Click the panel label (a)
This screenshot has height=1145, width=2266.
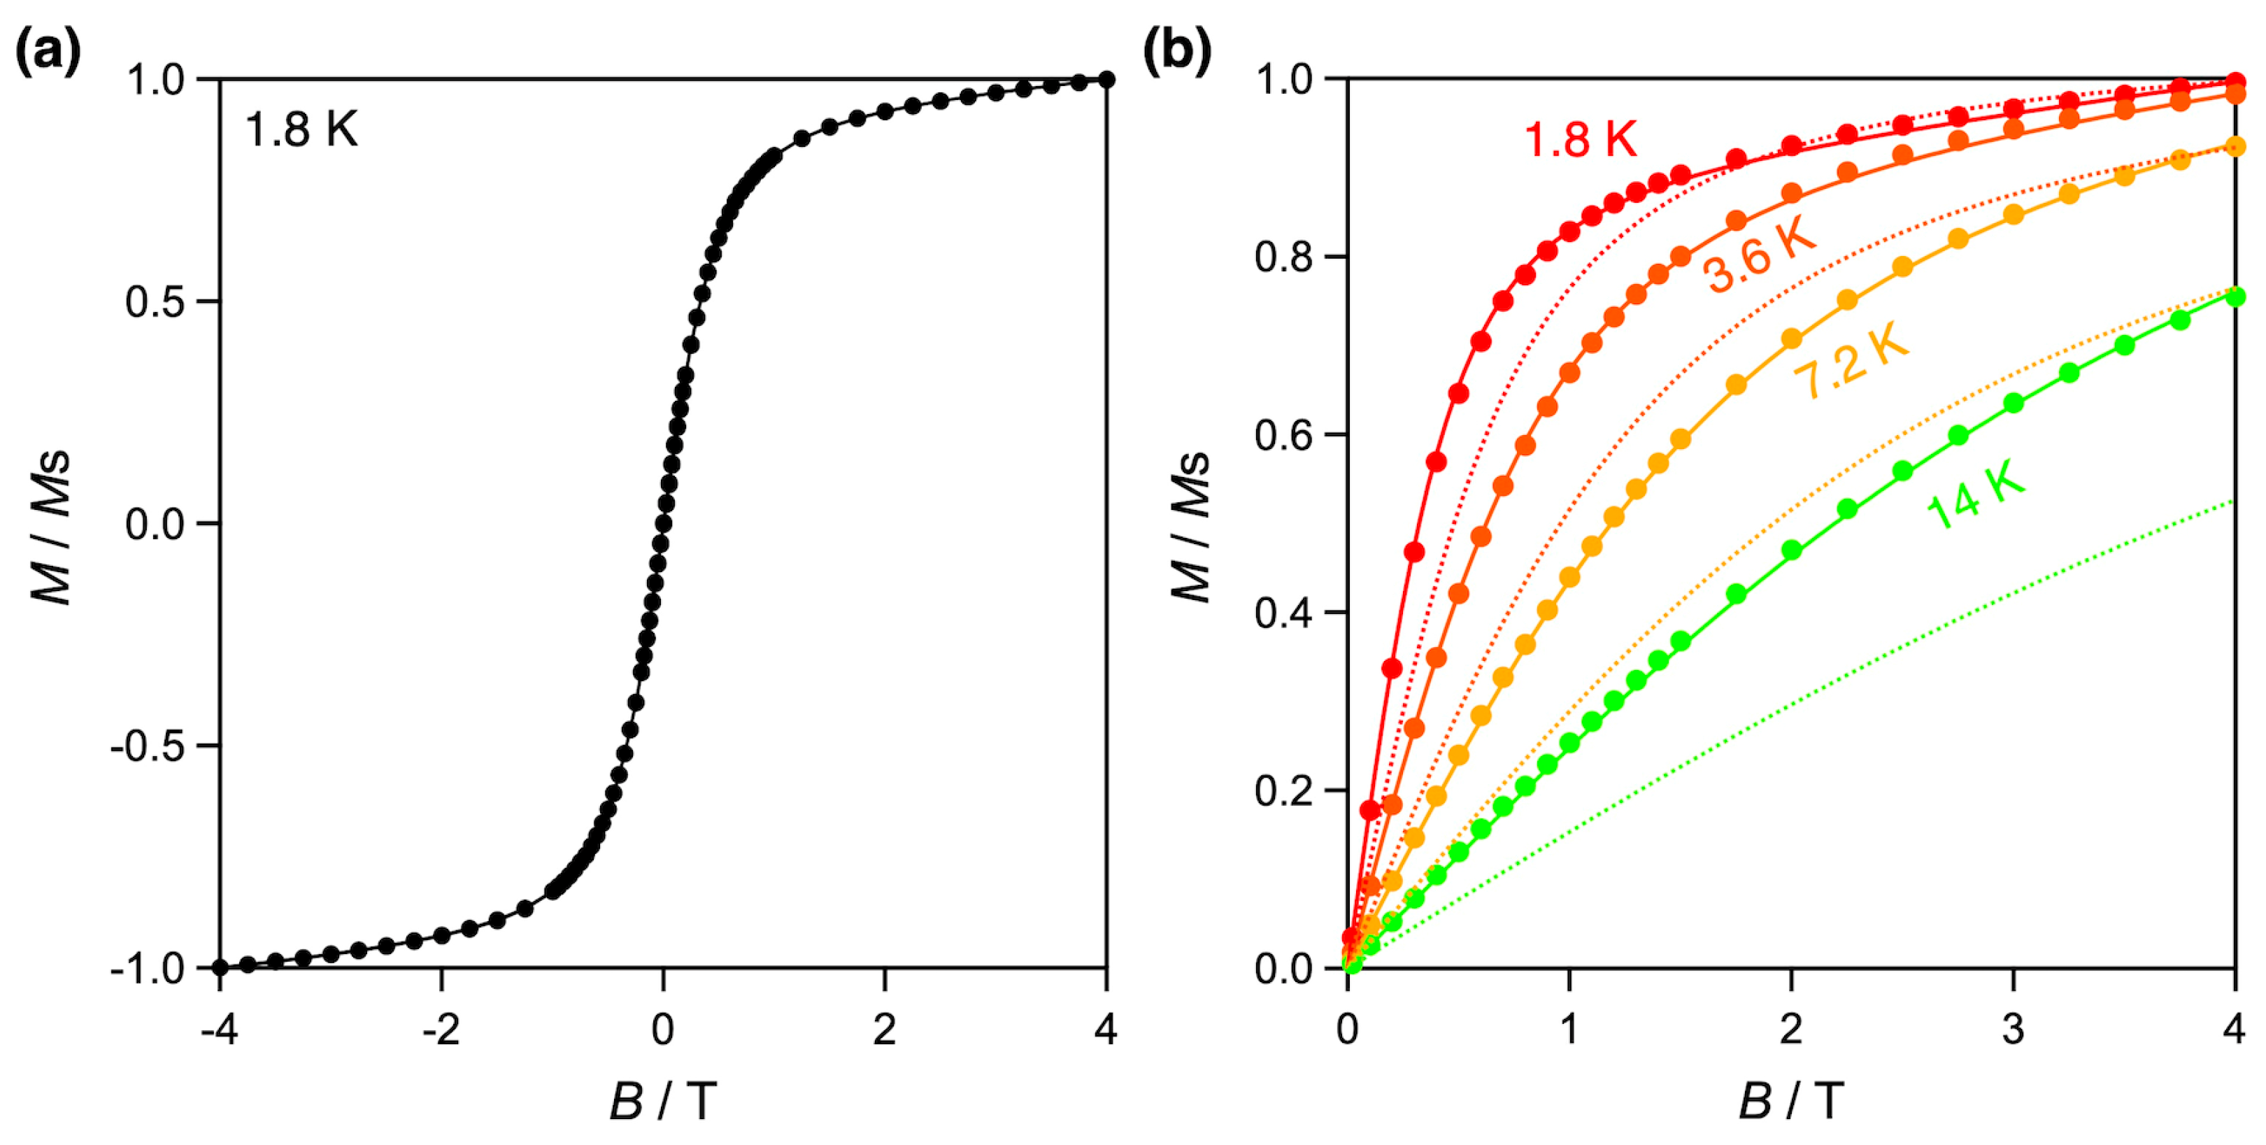point(48,52)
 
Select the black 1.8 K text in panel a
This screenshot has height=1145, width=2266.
point(301,130)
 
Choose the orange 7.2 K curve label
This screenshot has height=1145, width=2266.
point(1851,360)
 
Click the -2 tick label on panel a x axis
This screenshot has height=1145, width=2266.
point(441,1029)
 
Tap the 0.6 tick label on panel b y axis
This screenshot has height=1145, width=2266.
point(1283,435)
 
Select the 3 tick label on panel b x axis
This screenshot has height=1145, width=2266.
point(2013,1029)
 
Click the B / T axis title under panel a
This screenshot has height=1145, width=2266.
point(663,1101)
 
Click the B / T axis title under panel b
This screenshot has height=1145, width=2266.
point(1791,1101)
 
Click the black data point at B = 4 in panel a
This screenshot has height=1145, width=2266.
point(1106,80)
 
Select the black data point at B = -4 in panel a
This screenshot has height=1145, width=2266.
point(220,967)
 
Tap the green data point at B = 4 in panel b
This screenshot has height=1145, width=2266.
point(2235,297)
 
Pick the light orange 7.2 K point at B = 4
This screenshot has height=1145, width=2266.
point(2235,147)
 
